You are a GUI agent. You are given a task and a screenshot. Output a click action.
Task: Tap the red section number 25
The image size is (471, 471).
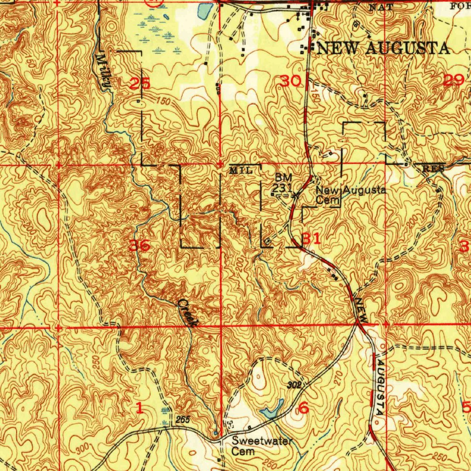pos(139,84)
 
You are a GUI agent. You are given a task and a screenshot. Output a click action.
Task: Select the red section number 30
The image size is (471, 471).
pos(291,81)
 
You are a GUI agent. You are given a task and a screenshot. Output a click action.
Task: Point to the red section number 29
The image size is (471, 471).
pos(454,80)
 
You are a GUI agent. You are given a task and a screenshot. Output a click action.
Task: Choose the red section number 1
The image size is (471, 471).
pos(139,407)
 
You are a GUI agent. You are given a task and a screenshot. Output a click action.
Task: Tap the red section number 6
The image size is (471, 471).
pos(304,407)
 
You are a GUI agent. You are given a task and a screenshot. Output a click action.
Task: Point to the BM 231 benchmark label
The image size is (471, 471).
pos(280,183)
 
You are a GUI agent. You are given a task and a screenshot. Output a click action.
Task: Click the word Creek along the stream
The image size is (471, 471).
pos(188,313)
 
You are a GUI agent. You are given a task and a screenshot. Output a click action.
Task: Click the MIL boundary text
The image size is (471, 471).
pos(241,171)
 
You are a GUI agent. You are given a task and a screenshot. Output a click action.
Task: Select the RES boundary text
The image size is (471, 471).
pos(433,169)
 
